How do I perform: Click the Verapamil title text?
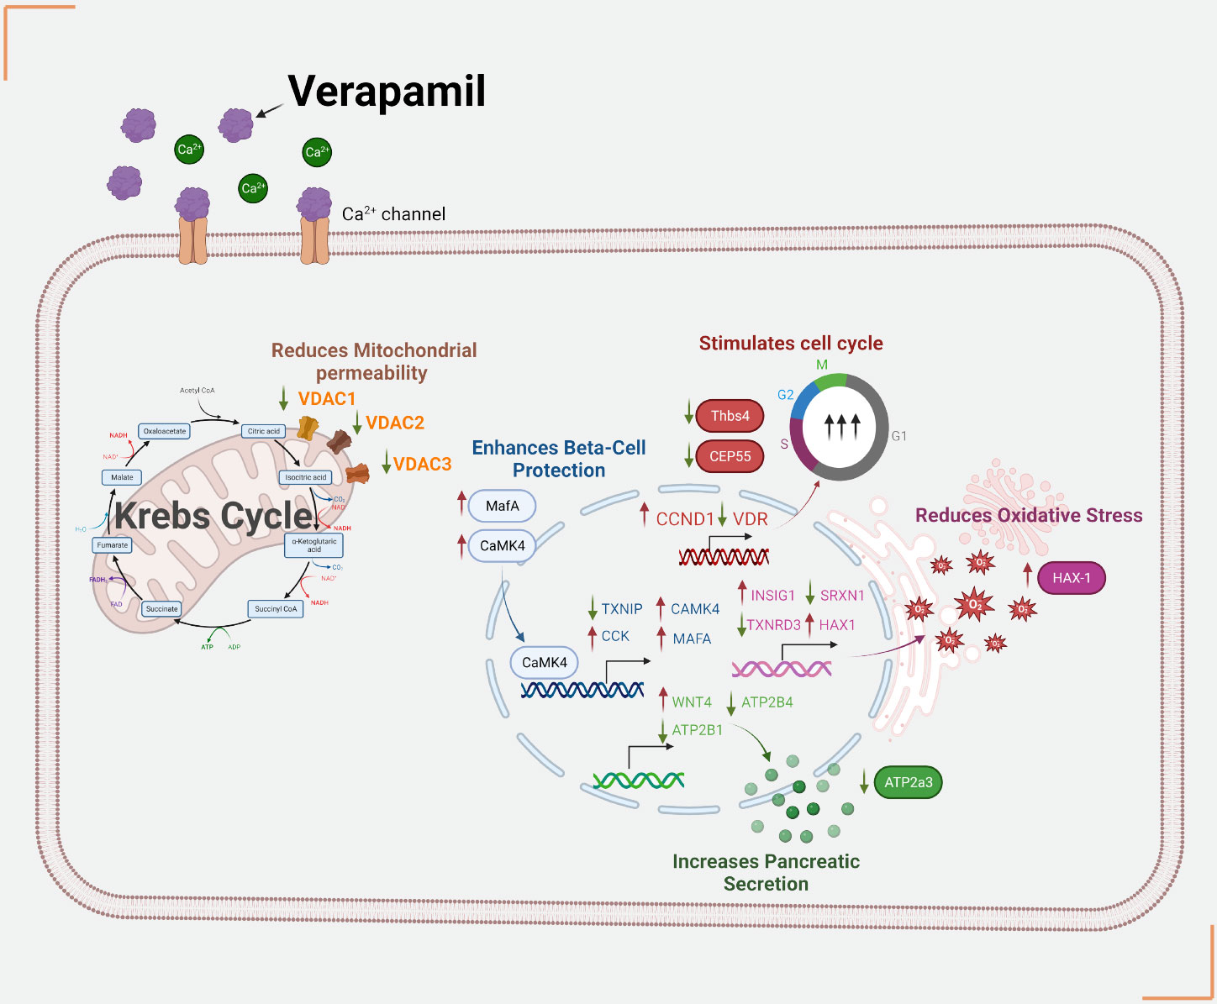click(387, 91)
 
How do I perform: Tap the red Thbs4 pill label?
click(730, 416)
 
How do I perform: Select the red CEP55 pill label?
click(730, 456)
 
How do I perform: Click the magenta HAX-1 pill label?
click(1071, 578)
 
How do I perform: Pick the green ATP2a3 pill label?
click(908, 782)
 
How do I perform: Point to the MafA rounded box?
click(502, 506)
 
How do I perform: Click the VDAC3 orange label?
click(422, 464)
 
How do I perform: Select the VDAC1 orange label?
click(327, 398)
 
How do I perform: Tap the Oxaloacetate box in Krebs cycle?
click(165, 431)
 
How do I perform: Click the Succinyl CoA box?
click(276, 608)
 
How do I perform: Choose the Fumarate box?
click(113, 545)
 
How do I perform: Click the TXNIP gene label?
click(621, 609)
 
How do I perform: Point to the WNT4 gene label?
click(691, 702)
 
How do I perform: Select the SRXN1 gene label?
click(841, 596)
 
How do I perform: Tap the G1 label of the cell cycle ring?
click(898, 436)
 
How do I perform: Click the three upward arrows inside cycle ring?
click(841, 427)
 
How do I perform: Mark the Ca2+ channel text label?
click(393, 214)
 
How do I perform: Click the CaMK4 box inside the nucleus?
click(544, 662)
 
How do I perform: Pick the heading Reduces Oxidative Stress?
click(1029, 515)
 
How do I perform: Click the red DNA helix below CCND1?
click(724, 556)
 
